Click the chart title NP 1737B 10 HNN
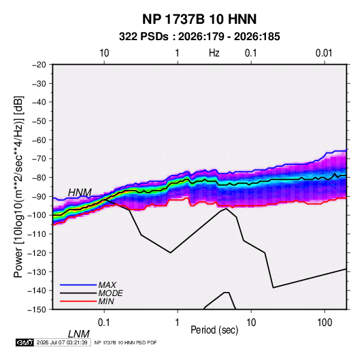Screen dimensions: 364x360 point(199,19)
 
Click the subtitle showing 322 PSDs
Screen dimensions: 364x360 point(199,37)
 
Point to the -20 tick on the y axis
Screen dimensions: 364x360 point(39,65)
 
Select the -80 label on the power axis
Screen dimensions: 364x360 point(39,178)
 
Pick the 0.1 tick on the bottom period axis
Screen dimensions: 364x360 point(104,323)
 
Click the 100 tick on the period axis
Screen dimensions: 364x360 point(325,323)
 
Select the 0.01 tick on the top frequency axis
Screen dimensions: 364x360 point(324,53)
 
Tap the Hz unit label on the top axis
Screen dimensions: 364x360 point(214,53)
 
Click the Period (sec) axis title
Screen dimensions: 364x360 point(214,330)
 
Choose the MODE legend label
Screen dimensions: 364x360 point(110,293)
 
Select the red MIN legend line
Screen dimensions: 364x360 point(78,301)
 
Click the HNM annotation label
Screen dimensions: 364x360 point(80,193)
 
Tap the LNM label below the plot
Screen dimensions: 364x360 point(79,334)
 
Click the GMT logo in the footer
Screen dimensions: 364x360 point(24,342)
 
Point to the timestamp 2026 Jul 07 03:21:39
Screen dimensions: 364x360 point(62,342)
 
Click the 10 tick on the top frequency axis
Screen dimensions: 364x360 point(104,53)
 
